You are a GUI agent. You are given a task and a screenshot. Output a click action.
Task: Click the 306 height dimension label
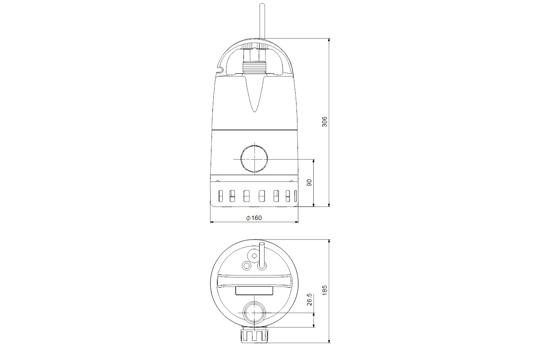click(324, 122)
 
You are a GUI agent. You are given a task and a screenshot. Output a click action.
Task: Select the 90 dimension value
click(309, 183)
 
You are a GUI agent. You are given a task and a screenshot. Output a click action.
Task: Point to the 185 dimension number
click(324, 290)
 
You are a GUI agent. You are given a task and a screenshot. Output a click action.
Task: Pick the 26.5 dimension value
click(309, 300)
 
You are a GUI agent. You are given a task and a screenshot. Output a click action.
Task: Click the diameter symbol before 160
click(248, 218)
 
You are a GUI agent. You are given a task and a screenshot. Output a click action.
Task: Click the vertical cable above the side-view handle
click(262, 21)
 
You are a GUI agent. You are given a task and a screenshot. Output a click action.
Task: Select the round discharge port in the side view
click(254, 159)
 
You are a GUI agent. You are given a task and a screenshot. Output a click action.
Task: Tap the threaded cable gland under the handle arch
click(254, 68)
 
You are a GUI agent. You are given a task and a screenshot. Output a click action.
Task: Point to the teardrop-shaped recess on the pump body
click(254, 94)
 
